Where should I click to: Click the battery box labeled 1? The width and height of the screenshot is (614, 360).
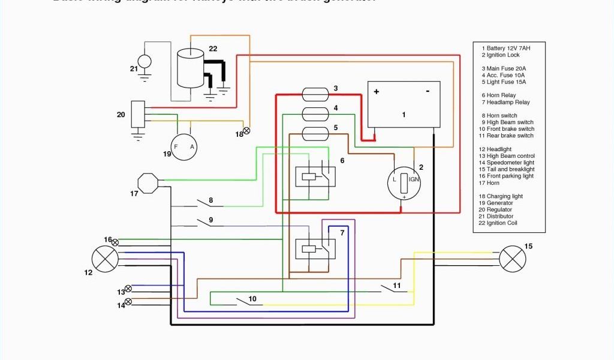point(404,104)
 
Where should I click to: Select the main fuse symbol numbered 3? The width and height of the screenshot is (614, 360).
point(315,94)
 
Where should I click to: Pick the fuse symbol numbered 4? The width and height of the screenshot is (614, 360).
point(315,113)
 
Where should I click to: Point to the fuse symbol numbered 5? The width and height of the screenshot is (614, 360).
point(315,133)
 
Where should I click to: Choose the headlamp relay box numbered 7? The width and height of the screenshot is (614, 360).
point(315,248)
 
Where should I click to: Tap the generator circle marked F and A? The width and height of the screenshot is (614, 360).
point(183,146)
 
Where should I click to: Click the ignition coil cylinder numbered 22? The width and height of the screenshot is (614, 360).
point(191,68)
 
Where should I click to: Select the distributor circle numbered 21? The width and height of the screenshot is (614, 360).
point(145,61)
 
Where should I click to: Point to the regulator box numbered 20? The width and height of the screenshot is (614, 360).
point(138,113)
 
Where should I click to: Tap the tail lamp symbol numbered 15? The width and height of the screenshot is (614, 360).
point(513,259)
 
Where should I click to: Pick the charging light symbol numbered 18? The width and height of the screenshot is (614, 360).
point(246,130)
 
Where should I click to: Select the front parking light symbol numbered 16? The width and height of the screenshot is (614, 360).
point(115,243)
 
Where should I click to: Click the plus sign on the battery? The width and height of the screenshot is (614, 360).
point(377,92)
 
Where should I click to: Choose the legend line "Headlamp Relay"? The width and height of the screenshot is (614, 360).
point(508,102)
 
